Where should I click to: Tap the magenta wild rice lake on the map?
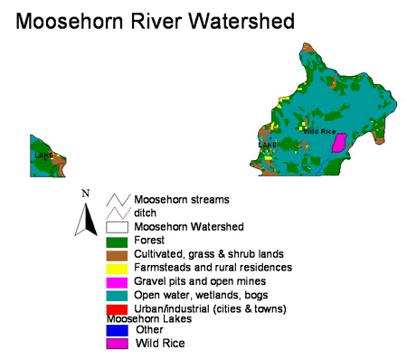(340, 142)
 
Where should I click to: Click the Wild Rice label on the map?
(319, 131)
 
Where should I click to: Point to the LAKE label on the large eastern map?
(268, 145)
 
